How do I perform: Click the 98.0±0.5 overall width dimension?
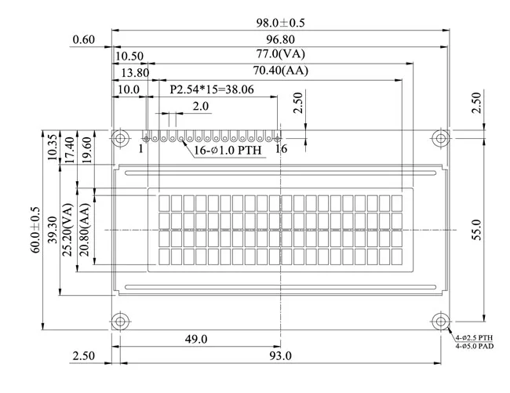(x=280, y=23)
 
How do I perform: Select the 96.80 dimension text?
(x=280, y=40)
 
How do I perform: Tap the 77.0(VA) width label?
(x=280, y=54)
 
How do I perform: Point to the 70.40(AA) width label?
(x=280, y=71)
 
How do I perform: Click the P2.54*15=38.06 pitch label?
(x=212, y=89)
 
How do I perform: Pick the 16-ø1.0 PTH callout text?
(x=228, y=150)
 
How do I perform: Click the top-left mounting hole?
(x=120, y=139)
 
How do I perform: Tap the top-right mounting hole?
(x=441, y=139)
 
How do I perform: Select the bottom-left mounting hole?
(x=120, y=322)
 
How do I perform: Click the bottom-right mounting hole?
(x=441, y=322)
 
